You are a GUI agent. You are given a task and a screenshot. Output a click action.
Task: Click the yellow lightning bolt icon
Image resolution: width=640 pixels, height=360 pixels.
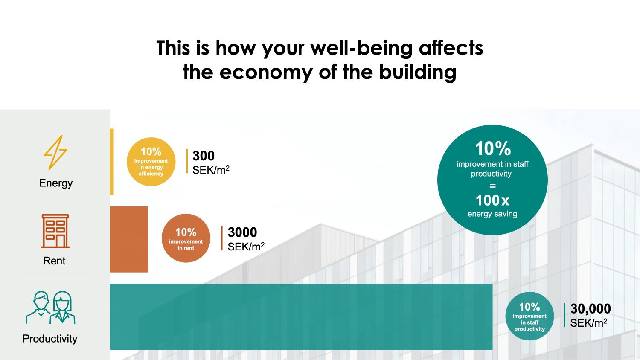pos(55,152)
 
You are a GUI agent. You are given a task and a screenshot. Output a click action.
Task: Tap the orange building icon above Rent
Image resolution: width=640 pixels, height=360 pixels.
pos(55,231)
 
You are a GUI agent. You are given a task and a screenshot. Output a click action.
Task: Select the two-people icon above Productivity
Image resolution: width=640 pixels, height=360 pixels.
pos(50,308)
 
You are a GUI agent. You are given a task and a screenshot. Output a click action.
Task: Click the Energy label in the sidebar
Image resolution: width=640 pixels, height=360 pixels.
pos(56,183)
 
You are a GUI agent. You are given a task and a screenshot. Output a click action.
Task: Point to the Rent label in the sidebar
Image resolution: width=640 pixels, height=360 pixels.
pos(54,261)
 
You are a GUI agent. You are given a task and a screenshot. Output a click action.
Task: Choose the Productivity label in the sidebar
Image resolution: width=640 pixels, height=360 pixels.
pos(50,339)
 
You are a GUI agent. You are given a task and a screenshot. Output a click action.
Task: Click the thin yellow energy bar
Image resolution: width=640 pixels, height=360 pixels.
pos(112,162)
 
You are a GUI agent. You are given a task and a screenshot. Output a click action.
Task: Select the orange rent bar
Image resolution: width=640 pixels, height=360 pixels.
pos(129,239)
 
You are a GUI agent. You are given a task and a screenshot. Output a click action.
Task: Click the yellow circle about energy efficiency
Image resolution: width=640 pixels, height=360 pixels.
pos(151,162)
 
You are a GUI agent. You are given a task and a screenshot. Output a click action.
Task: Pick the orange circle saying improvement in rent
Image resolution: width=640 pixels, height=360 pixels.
pos(186,238)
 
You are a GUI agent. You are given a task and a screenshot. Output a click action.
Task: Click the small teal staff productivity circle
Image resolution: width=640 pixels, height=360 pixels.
pos(529,316)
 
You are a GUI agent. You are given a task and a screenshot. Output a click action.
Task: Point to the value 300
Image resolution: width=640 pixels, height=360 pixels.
pos(204,156)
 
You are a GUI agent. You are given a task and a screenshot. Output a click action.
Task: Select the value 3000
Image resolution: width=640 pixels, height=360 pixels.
pos(242,232)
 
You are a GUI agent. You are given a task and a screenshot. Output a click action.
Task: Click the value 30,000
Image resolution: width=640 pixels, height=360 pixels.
pos(591,309)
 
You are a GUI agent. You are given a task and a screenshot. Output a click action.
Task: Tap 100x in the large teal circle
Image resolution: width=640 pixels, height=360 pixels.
pos(492,200)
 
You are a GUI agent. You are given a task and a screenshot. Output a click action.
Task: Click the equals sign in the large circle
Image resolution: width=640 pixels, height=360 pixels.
pos(492,186)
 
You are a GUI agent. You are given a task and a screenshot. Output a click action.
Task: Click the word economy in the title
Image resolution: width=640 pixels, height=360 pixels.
pos(265,72)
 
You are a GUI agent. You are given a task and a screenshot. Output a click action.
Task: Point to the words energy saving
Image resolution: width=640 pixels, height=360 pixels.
pos(492,214)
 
